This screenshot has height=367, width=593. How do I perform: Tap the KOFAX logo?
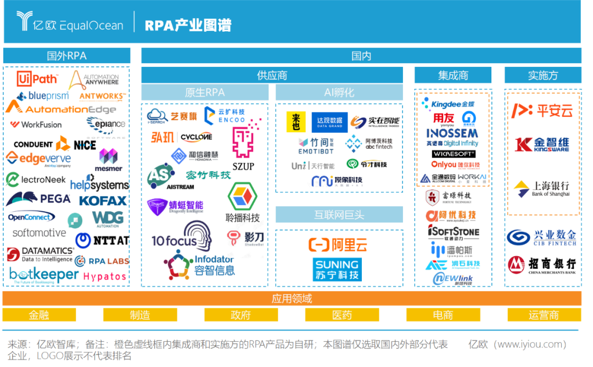point(103,201)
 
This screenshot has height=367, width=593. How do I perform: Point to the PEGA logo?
point(39,199)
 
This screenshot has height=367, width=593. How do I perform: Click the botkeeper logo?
point(43,274)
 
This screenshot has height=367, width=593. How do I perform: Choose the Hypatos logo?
point(104,276)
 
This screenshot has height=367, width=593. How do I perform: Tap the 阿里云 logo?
point(338,245)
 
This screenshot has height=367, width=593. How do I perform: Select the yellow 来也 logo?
point(296,122)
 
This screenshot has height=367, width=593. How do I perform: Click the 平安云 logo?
point(542,111)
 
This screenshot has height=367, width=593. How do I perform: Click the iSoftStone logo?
point(453,232)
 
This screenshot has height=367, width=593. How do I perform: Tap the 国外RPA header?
point(66,56)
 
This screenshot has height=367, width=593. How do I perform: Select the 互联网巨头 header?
point(339,214)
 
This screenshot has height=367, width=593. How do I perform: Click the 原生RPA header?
point(204,93)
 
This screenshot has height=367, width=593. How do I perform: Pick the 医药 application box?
point(342,315)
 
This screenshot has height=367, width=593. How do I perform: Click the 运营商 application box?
point(544,315)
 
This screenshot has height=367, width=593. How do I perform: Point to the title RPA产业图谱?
point(188,25)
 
